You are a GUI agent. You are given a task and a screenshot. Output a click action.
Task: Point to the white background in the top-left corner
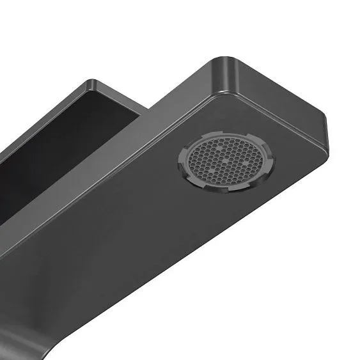26,26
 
